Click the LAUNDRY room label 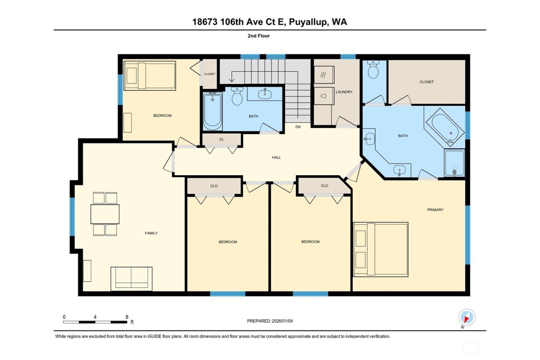pos(344,92)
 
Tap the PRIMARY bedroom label pos(435,210)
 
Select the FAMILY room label pos(151,233)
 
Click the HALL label pos(276,157)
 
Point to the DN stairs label pos(298,127)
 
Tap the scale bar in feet pos(95,321)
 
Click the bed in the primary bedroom pos(381,249)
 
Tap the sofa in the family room pos(132,278)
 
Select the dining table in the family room pos(105,214)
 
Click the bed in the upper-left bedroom pos(150,76)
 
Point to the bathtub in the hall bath pos(212,111)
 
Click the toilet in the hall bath pos(237,96)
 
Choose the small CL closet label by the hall pos(221,139)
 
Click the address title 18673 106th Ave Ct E pos(270,22)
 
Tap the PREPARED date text pos(270,321)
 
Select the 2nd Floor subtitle pos(258,36)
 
